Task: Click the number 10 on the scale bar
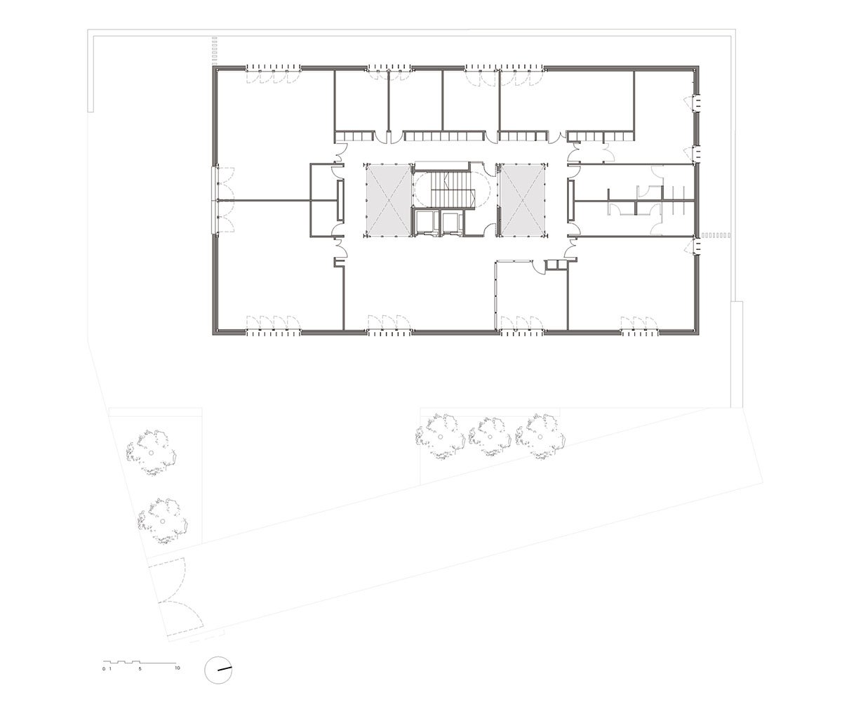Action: [x=178, y=668]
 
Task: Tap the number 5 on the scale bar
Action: [x=140, y=668]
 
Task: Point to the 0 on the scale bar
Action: [x=103, y=668]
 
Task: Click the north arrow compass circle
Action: [x=218, y=669]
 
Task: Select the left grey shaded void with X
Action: [x=386, y=200]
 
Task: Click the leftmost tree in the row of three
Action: [x=440, y=437]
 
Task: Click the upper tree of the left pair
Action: [x=150, y=451]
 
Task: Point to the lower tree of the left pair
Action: [x=162, y=520]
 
